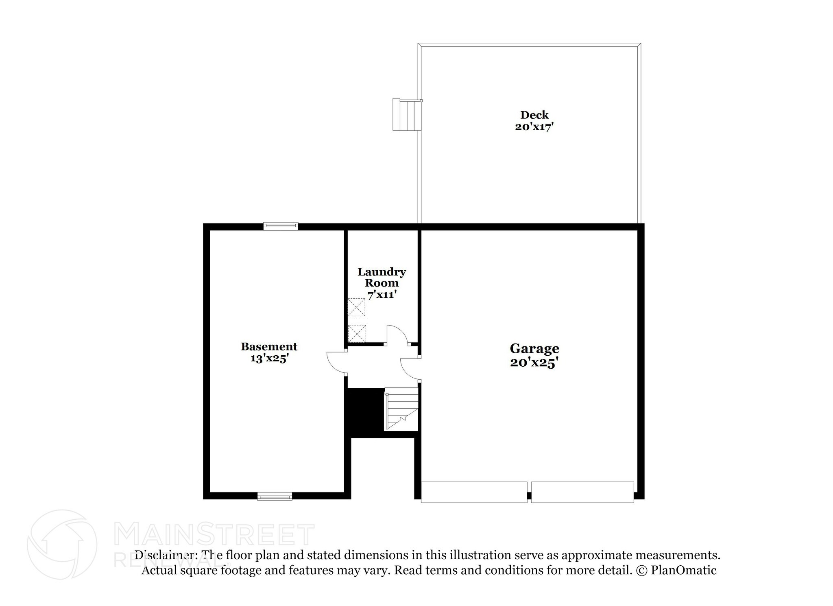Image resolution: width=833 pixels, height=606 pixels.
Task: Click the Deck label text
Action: coord(534,115)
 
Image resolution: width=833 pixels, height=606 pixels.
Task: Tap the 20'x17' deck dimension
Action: coord(534,127)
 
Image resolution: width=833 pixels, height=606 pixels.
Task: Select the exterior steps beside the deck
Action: coord(406,114)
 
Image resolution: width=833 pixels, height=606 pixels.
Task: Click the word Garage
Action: coord(534,349)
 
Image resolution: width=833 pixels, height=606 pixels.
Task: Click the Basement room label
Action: coord(269,347)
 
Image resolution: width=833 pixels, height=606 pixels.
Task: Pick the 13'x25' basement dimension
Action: coord(269,359)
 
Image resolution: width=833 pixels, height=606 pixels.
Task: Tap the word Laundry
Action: coord(382,272)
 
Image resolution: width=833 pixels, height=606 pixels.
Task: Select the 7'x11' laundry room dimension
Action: coord(382,295)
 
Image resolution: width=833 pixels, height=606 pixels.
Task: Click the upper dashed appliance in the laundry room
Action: coord(356,307)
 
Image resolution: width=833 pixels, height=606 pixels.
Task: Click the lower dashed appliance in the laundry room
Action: coord(357,333)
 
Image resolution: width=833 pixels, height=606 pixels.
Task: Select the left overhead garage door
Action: coord(474,492)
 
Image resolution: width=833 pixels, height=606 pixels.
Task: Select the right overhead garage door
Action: coord(582,492)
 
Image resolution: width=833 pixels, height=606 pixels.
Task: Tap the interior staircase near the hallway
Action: coord(401,409)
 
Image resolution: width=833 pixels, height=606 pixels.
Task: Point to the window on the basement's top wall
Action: coord(281,226)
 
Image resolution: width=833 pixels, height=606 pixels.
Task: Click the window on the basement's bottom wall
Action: coord(275,496)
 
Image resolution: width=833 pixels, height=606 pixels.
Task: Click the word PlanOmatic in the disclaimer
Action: coord(683,570)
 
